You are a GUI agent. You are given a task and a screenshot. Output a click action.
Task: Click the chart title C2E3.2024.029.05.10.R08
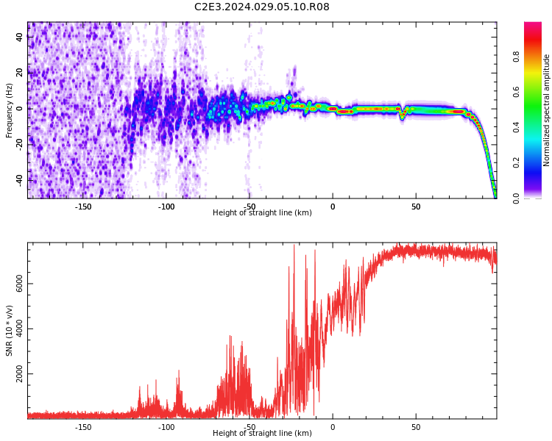(261, 7)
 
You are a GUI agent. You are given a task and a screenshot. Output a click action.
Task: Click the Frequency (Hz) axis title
(10, 110)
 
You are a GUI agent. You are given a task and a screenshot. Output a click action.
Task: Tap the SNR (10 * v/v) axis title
(10, 331)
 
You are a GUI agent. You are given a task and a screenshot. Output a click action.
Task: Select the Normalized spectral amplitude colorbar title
(547, 110)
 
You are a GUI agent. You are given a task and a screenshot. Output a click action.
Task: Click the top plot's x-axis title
(262, 213)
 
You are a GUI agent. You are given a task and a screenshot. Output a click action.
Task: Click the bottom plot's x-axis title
(262, 434)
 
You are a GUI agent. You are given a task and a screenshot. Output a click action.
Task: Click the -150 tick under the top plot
(83, 207)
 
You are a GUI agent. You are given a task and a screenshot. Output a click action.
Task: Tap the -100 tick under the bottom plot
(166, 427)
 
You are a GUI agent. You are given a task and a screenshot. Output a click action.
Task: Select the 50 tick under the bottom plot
(416, 427)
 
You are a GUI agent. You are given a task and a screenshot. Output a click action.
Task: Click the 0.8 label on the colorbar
(517, 56)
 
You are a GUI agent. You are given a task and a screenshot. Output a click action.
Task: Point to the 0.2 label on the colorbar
(517, 162)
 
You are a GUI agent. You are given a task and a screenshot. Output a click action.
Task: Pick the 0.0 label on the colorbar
(517, 198)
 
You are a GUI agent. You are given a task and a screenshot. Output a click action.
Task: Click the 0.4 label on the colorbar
(517, 126)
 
